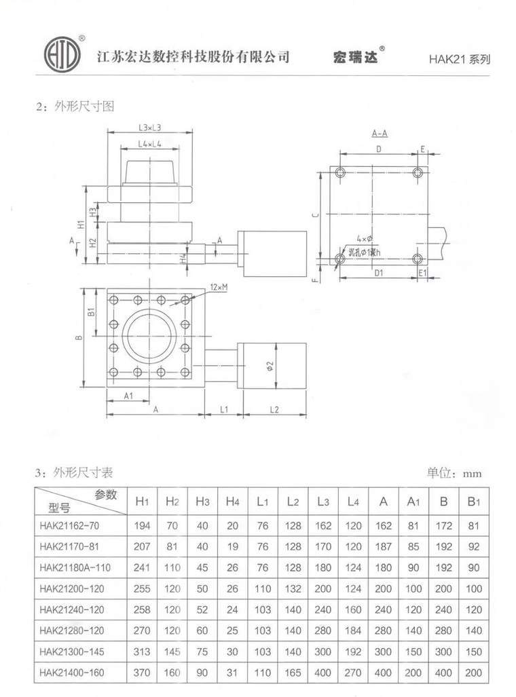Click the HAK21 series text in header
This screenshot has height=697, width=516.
coord(459,58)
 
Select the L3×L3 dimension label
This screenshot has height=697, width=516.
coord(149,127)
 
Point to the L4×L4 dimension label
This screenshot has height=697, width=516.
coord(149,144)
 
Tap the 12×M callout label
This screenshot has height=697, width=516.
coord(219,287)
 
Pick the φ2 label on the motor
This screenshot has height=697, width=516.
coord(270,366)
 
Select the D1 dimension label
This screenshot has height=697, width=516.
coord(379,273)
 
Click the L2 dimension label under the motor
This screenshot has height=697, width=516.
coord(274,409)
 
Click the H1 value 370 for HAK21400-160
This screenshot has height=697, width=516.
coord(142,673)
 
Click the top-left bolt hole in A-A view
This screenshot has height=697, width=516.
coord(341,172)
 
